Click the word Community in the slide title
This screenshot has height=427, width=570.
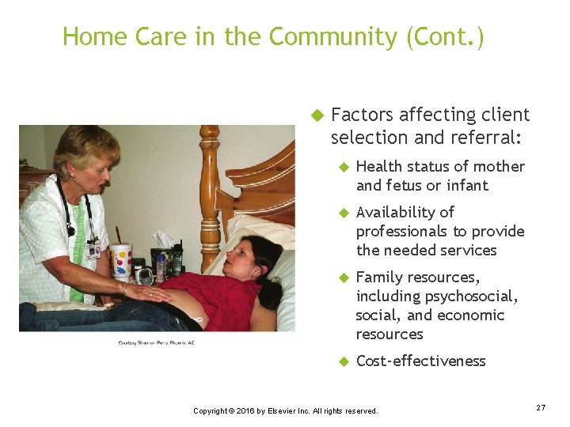coord(332,37)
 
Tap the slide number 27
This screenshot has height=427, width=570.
coord(541,407)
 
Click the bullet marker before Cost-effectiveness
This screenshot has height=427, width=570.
coord(344,361)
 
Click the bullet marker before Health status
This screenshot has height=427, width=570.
coord(344,167)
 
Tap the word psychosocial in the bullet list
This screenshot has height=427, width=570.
coord(472,296)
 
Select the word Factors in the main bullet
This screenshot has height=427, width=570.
coord(362,115)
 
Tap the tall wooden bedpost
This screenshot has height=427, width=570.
coord(210,190)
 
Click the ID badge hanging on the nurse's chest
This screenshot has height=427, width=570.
coord(93,250)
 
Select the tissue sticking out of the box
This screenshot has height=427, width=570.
coord(163,239)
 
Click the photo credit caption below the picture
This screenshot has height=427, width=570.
coord(156,342)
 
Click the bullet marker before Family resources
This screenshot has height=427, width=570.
coord(344,278)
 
